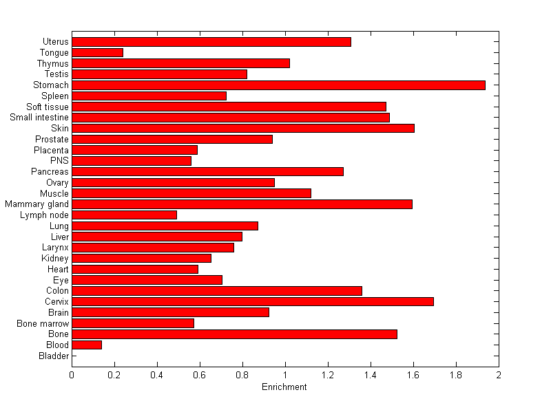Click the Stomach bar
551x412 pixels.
click(278, 85)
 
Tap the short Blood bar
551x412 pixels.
click(87, 345)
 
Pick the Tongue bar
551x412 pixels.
click(97, 52)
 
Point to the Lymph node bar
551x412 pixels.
click(124, 215)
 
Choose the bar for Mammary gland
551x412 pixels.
click(242, 204)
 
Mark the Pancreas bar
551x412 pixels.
click(207, 171)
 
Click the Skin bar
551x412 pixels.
click(243, 128)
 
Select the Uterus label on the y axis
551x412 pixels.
click(55, 42)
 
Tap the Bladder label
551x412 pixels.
click(54, 356)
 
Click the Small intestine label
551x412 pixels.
click(39, 118)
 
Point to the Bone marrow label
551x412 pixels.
click(43, 323)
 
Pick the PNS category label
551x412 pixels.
click(60, 161)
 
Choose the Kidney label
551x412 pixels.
click(55, 259)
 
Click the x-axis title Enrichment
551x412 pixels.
click(284, 387)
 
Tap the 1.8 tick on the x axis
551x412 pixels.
click(456, 375)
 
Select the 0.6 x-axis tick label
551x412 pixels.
click(200, 375)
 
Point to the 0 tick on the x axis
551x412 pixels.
click(72, 375)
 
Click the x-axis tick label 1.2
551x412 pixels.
click(328, 375)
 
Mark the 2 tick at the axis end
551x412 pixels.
click(498, 375)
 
